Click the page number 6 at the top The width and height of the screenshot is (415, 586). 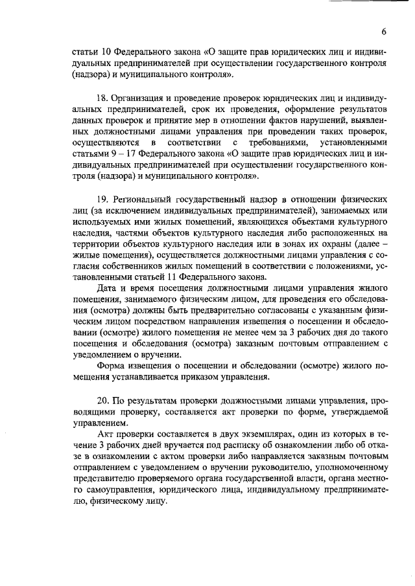384,32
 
